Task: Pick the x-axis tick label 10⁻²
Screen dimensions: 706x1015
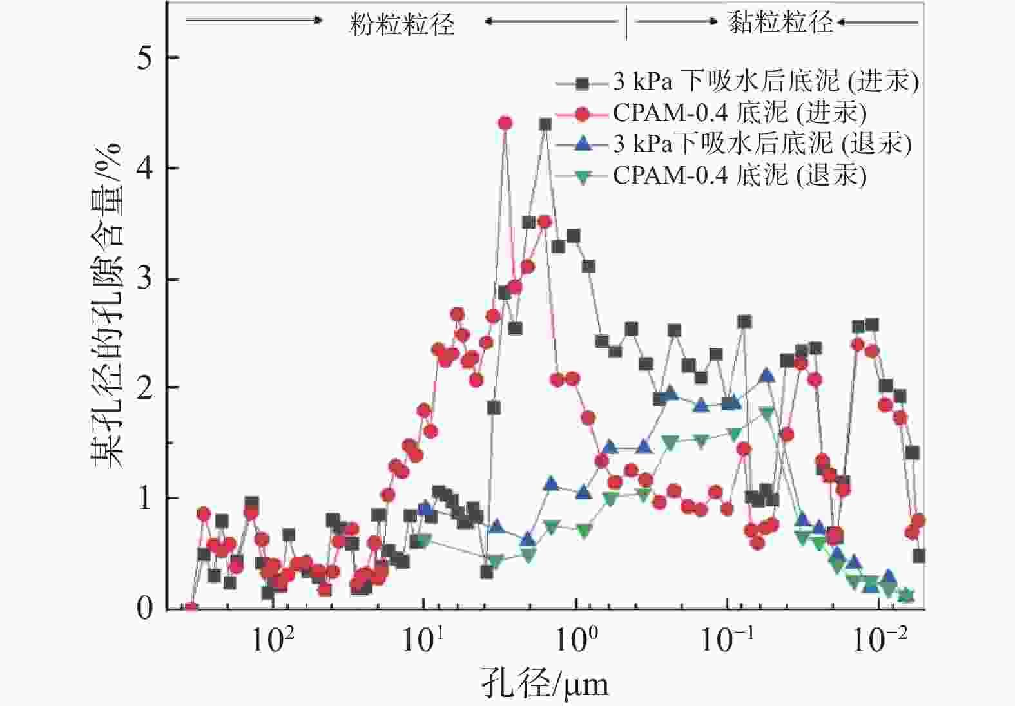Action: tap(880, 639)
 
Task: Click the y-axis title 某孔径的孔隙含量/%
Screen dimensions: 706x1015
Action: tap(107, 306)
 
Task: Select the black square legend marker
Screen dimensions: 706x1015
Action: tap(583, 82)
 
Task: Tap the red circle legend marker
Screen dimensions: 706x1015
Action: tap(583, 114)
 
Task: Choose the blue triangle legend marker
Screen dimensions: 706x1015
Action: tap(583, 144)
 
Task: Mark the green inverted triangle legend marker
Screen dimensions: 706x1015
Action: tap(583, 176)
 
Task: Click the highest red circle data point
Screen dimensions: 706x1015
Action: tap(505, 123)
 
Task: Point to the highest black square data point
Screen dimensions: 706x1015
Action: tap(545, 124)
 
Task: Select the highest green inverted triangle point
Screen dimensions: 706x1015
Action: tap(767, 413)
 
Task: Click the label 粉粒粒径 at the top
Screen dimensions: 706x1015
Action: tap(402, 24)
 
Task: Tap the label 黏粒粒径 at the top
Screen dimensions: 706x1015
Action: tap(780, 22)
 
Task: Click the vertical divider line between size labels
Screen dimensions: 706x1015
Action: tap(626, 23)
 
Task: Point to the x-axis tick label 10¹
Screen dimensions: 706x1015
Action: tap(423, 639)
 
